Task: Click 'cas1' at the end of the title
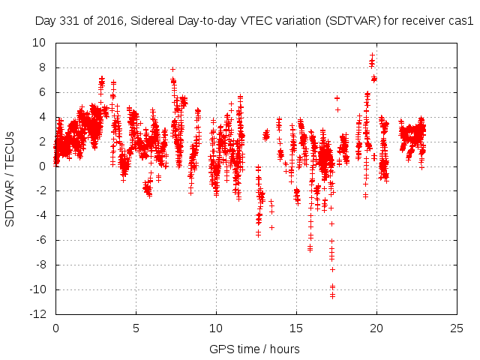462,22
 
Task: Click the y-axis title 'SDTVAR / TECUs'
10,178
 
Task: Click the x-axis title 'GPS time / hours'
254,349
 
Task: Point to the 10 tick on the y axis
38,43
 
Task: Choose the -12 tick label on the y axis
37,314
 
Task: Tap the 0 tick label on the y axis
42,166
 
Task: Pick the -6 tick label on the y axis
40,240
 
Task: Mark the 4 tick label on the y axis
42,117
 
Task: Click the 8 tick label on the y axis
42,67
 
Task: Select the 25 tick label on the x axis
457,328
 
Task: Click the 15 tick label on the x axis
296,328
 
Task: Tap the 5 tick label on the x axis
136,328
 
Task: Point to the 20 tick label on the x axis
376,328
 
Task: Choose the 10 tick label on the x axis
216,328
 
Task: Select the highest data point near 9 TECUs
372,55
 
